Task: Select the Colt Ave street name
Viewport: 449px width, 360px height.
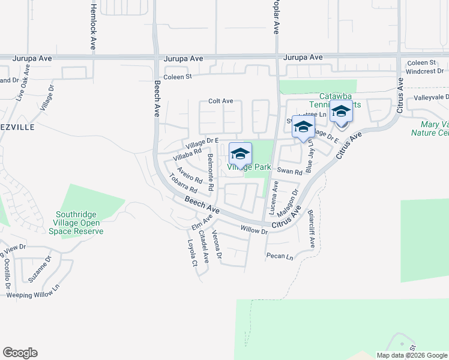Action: pos(220,101)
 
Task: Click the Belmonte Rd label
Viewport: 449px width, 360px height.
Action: pos(211,172)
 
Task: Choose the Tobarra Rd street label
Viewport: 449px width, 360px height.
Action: pos(184,185)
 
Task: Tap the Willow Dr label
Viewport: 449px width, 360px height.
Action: pos(253,229)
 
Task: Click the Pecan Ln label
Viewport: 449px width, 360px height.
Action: pos(280,256)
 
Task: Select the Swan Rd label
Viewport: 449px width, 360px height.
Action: pos(289,171)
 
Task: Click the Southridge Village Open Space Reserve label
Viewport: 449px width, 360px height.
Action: pos(77,223)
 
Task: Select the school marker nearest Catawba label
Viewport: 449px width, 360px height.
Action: pos(340,112)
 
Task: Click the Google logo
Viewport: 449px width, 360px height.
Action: pos(20,353)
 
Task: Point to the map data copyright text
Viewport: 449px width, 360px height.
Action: pos(412,355)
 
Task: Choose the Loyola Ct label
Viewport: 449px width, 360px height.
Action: pos(192,253)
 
